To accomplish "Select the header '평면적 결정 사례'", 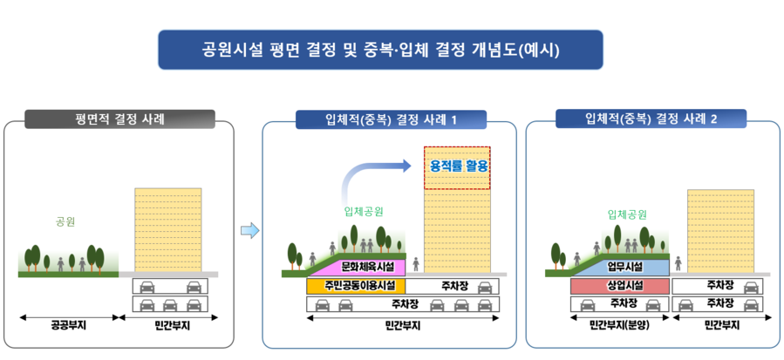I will tap(119, 119).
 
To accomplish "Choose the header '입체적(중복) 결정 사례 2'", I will tap(651, 119).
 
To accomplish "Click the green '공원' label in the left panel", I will tap(65, 222).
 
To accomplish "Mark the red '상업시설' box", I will tap(619, 286).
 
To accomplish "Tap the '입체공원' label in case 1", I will tap(364, 212).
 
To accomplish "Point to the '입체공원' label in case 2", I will tap(627, 214).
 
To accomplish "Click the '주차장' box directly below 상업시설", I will tap(619, 303).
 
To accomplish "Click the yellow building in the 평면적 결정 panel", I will tap(167, 229).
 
